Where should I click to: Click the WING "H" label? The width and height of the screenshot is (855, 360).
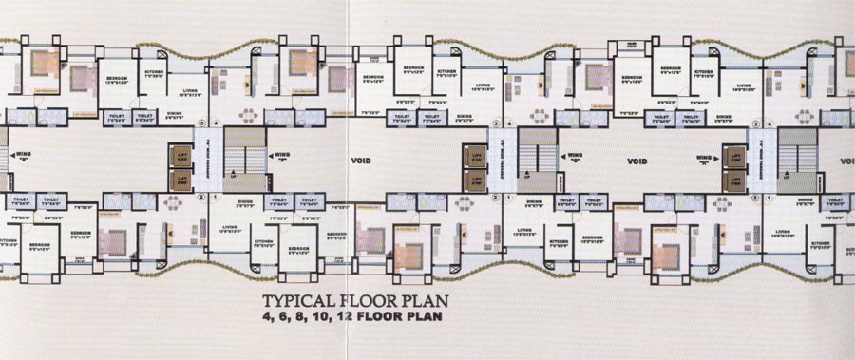pos(704,159)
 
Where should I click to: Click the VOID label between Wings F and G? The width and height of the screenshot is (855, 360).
pos(362,161)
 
